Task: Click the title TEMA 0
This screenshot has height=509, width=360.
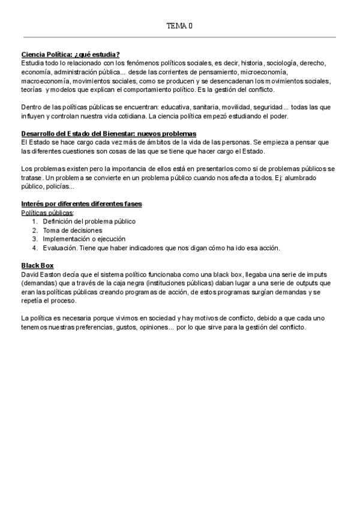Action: point(179,26)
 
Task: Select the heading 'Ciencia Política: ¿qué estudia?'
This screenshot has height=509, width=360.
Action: point(71,54)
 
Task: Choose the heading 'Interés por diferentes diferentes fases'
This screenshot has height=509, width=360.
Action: point(82,204)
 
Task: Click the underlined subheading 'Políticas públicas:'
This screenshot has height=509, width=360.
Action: point(48,212)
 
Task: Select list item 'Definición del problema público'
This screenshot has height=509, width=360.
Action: point(89,221)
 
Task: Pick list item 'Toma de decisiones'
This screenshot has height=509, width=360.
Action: point(73,230)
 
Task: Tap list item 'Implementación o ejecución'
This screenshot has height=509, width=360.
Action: point(85,239)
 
